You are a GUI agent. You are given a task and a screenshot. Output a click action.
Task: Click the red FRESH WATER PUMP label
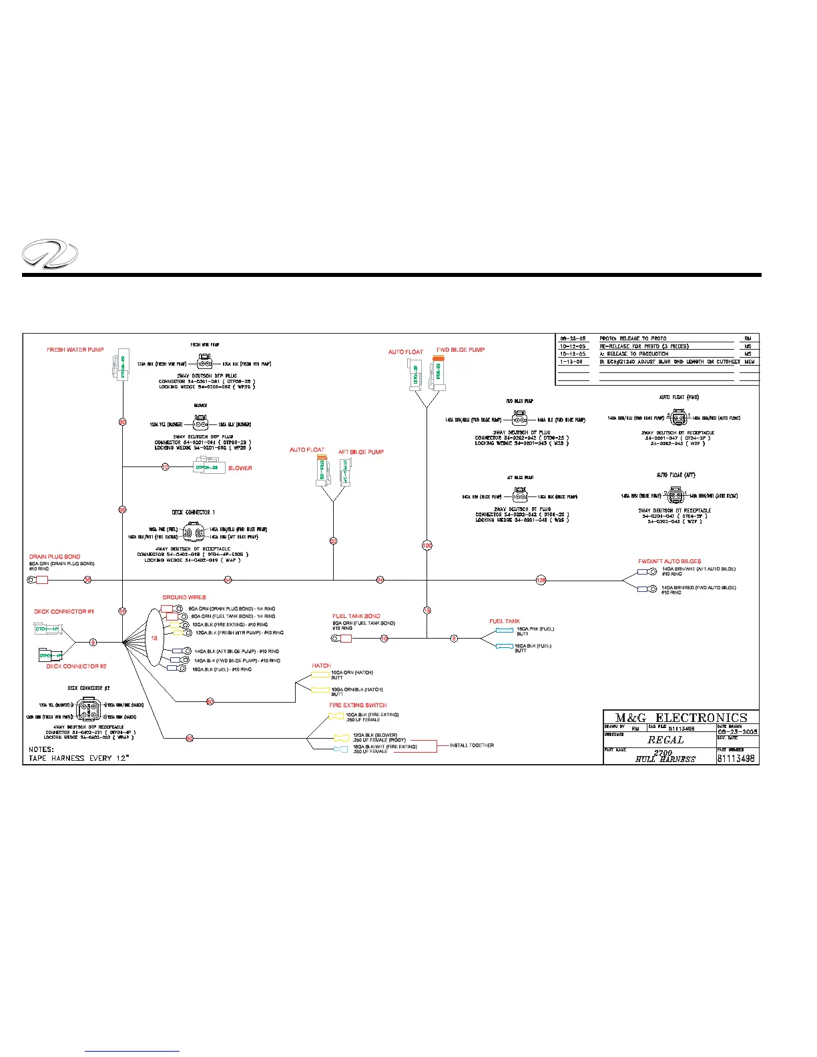tap(75, 350)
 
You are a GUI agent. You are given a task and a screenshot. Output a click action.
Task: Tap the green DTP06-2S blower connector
tap(207, 468)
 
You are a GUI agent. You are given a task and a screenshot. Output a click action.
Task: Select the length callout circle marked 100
tap(427, 545)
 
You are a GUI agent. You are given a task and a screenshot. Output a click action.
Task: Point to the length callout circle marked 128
tap(541, 581)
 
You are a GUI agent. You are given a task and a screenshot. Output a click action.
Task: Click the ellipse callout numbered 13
tap(154, 638)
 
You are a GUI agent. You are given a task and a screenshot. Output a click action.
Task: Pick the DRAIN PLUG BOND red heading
tap(55, 557)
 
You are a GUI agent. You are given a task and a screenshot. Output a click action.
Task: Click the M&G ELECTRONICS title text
tap(681, 718)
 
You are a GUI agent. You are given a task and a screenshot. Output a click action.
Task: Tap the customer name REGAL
tap(665, 740)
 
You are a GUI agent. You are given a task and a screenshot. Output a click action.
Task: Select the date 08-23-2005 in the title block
tap(738, 731)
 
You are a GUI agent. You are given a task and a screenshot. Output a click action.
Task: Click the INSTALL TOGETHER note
tap(472, 745)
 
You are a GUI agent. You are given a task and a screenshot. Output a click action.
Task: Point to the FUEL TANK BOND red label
tap(356, 616)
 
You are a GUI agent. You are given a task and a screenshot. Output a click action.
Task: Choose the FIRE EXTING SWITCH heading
tap(358, 705)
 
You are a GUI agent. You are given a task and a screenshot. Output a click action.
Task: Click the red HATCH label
tap(321, 665)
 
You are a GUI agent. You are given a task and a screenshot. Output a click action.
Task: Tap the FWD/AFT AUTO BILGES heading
tap(669, 561)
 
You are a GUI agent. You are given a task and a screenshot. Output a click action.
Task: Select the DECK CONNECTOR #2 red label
tap(76, 666)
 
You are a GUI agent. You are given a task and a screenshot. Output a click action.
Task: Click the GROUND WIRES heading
tap(184, 597)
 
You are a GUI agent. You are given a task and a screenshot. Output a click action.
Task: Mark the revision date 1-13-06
tap(571, 362)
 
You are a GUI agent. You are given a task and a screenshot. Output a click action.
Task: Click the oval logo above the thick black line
tap(50, 254)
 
